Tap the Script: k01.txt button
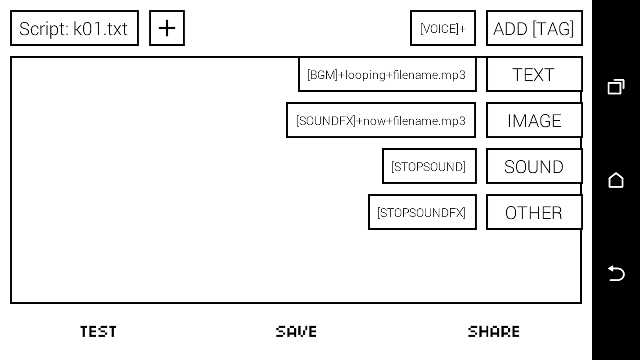point(74,28)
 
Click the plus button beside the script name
point(167,28)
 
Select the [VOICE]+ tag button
point(442,28)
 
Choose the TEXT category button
point(534,75)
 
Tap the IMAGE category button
point(534,121)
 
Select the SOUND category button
point(534,167)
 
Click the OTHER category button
point(534,213)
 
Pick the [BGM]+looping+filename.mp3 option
point(387,75)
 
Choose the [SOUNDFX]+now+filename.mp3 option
point(381,121)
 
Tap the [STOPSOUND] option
point(429,167)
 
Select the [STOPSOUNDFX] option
point(422,213)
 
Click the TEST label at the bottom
point(98,332)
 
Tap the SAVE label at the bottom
point(296,332)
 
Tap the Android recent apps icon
point(616,87)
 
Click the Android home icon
point(616,180)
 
